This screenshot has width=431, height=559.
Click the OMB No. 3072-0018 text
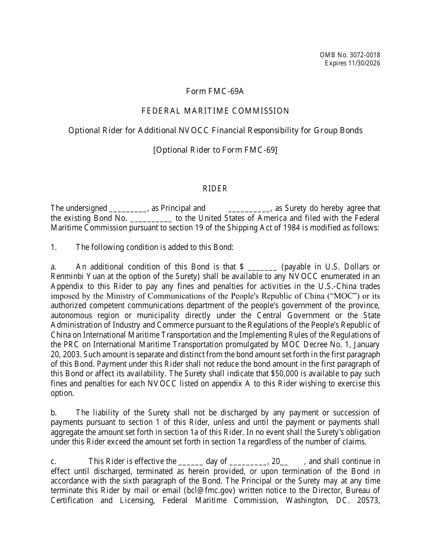coord(350,55)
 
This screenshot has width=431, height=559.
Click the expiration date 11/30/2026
coord(362,63)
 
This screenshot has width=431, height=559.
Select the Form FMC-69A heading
coord(215,91)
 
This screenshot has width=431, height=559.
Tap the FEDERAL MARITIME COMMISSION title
coord(215,111)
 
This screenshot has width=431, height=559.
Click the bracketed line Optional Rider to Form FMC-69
coord(215,150)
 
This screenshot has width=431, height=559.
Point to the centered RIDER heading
coord(215,189)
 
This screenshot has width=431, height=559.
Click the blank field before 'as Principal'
coord(128,209)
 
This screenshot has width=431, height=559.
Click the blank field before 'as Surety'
coord(249,209)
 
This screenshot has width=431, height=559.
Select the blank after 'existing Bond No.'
coord(151,218)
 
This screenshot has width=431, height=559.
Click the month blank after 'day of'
coord(248,462)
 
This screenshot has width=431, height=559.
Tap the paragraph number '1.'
coord(54,247)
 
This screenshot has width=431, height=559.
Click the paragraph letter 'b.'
coord(54,413)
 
